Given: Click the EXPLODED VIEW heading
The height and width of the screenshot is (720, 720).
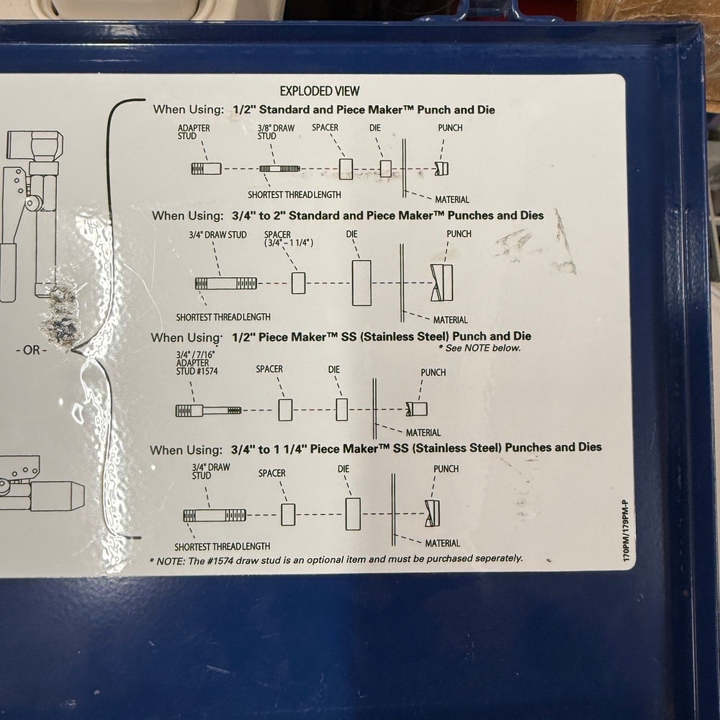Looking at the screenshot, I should [319, 91].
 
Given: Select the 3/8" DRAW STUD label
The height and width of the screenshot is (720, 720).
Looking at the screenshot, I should [276, 132].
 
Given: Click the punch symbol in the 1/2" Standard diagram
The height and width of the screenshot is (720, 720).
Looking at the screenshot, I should [441, 168].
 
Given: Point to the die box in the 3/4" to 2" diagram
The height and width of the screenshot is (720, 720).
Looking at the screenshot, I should [361, 283].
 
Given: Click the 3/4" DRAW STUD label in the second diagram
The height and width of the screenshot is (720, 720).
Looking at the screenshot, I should [217, 235].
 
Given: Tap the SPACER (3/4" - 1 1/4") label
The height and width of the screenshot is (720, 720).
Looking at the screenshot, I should [288, 239].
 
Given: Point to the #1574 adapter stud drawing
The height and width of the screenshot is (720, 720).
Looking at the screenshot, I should [208, 410].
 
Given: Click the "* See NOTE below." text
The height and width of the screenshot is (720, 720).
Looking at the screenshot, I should [479, 348].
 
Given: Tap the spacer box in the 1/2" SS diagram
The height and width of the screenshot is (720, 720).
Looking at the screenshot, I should [285, 410].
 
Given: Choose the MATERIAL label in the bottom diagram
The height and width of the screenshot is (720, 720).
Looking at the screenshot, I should [442, 543].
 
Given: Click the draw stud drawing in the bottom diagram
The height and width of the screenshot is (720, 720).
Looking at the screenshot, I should [214, 515].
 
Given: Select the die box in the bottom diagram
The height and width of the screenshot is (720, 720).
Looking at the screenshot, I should [352, 514].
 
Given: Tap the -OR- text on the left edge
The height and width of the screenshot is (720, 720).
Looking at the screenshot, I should [31, 351].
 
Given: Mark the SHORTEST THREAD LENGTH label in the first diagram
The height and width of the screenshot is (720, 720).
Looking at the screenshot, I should [294, 194].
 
